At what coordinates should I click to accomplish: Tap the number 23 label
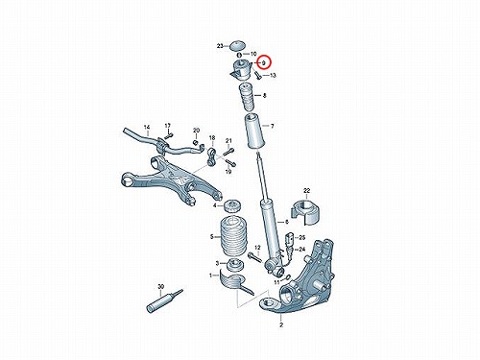pyautogui.click(x=220, y=46)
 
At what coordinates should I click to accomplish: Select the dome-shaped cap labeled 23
pyautogui.click(x=237, y=45)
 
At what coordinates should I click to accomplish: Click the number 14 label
pyautogui.click(x=147, y=127)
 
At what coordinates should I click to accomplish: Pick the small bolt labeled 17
pyautogui.click(x=169, y=134)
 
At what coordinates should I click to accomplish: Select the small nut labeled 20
pyautogui.click(x=196, y=142)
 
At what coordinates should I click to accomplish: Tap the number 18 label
pyautogui.click(x=212, y=138)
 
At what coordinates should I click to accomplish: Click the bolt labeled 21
pyautogui.click(x=229, y=151)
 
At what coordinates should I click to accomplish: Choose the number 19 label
pyautogui.click(x=228, y=172)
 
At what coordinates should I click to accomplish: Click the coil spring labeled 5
pyautogui.click(x=233, y=236)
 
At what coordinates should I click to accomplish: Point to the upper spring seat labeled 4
pyautogui.click(x=233, y=206)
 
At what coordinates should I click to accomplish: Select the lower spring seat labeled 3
pyautogui.click(x=235, y=265)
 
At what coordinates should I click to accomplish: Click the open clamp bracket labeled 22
pyautogui.click(x=305, y=213)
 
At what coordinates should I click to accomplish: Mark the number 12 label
pyautogui.click(x=257, y=248)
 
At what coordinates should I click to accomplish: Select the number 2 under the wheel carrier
pyautogui.click(x=281, y=325)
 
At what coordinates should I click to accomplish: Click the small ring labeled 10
pyautogui.click(x=240, y=55)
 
